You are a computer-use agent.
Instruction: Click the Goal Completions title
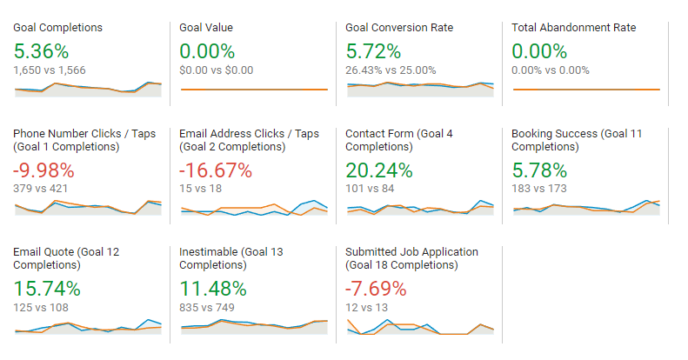pyautogui.click(x=57, y=28)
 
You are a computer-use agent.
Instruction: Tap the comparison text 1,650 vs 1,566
pyautogui.click(x=50, y=70)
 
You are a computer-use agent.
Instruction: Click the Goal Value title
pyautogui.click(x=206, y=28)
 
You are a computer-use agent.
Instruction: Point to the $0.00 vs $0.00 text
pyautogui.click(x=217, y=70)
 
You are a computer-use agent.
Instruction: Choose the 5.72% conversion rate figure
pyautogui.click(x=373, y=50)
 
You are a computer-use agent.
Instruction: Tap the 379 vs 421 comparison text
pyautogui.click(x=40, y=188)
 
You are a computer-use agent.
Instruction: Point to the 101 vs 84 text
pyautogui.click(x=370, y=188)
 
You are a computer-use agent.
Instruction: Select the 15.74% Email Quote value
pyautogui.click(x=47, y=288)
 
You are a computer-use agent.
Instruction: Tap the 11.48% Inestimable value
pyautogui.click(x=213, y=288)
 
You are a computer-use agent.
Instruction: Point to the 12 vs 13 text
pyautogui.click(x=366, y=306)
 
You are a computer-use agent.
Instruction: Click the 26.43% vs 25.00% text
pyautogui.click(x=390, y=70)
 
